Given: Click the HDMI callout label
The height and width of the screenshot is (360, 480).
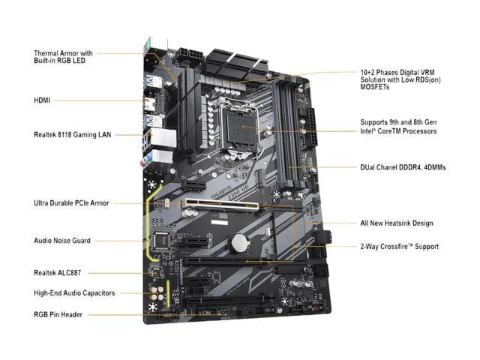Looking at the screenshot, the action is [42, 100].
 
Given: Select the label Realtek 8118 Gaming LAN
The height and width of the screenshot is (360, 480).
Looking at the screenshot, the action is [73, 135].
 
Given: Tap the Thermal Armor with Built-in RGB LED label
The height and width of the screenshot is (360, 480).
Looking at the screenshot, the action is [63, 57].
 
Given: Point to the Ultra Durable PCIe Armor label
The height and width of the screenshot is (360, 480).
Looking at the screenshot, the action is [71, 203].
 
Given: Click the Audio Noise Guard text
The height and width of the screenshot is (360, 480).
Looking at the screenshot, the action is [62, 241].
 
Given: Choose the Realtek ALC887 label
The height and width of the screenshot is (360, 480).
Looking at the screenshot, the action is [57, 273].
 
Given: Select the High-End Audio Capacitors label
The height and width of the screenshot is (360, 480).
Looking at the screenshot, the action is [74, 293].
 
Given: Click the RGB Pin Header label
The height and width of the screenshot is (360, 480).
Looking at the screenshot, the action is [58, 315].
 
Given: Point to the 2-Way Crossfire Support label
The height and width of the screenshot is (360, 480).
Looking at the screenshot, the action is [400, 247].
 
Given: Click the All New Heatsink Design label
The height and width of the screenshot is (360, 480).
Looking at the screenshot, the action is [397, 223].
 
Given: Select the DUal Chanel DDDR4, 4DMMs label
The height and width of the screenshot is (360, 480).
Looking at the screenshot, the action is [403, 167].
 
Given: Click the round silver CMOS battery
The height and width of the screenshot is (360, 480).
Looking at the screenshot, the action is [240, 243].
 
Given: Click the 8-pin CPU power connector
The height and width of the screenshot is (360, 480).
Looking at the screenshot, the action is [190, 54].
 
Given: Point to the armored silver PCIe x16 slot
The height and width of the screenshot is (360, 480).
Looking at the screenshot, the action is [221, 205].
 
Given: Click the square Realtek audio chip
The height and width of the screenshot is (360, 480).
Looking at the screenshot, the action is [161, 240].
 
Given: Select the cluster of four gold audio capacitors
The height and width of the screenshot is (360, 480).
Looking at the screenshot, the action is [157, 293].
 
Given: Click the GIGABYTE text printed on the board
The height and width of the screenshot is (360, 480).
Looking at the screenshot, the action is [221, 192].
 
